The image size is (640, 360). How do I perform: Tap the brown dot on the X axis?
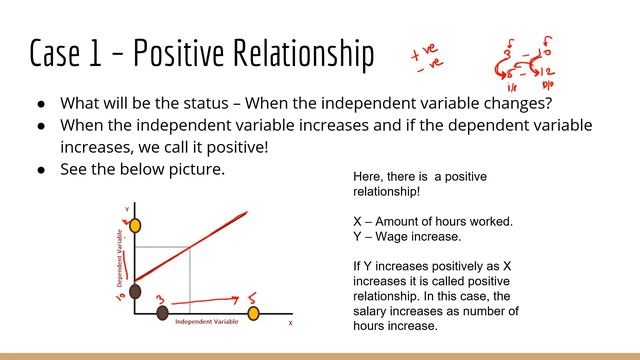coord(163,313)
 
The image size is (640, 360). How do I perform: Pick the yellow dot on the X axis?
coord(253,313)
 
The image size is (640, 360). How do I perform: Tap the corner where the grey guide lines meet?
coord(190,246)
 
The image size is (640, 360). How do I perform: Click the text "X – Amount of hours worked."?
coord(433,221)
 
